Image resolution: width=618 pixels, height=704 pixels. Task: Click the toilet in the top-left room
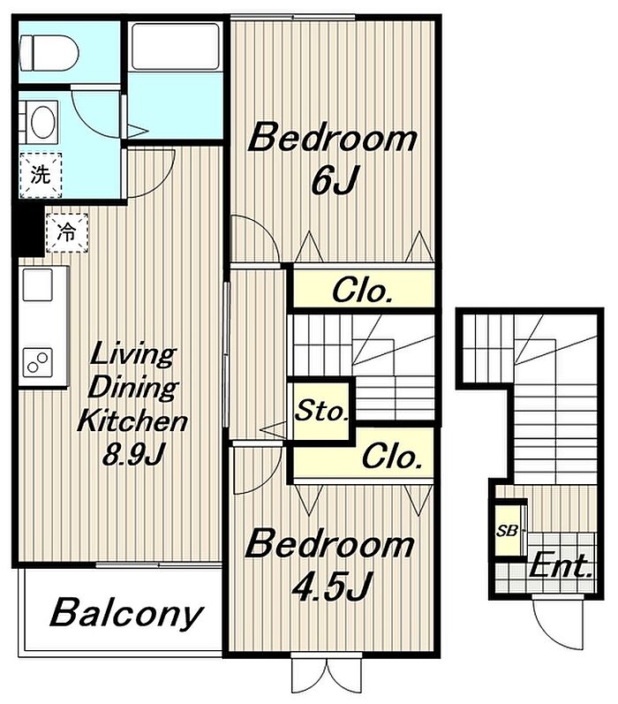(x=49, y=53)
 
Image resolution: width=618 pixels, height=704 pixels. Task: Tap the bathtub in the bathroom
(x=176, y=46)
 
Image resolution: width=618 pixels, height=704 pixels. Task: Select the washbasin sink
(x=42, y=122)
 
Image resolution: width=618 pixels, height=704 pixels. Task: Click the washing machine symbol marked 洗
(x=41, y=175)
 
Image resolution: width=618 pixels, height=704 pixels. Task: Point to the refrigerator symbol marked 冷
(x=67, y=232)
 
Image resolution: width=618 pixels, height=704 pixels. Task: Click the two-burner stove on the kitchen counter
(x=37, y=362)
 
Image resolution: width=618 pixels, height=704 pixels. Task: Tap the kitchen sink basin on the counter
(x=38, y=285)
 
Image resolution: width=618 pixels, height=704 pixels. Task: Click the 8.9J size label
(x=133, y=455)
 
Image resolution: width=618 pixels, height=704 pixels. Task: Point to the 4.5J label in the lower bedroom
(x=331, y=586)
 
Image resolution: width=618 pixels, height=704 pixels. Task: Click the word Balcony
(x=125, y=614)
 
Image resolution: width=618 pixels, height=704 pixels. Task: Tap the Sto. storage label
(x=321, y=411)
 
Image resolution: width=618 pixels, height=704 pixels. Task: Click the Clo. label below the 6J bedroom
(x=362, y=291)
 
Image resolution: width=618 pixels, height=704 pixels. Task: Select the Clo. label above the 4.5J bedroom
(x=391, y=457)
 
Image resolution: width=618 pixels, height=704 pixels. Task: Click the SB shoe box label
(x=507, y=531)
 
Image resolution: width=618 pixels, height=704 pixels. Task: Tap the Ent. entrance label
(x=560, y=566)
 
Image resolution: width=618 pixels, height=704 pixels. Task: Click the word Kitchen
(x=132, y=420)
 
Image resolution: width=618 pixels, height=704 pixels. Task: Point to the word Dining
(x=132, y=387)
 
